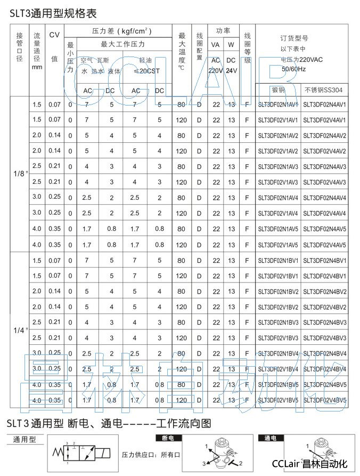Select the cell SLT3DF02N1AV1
click(x=278, y=104)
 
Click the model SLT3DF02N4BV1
click(x=325, y=261)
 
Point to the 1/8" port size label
click(x=20, y=174)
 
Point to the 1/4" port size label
click(x=20, y=330)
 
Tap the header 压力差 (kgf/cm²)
click(x=122, y=32)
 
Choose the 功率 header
click(x=223, y=31)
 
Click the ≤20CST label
click(x=146, y=70)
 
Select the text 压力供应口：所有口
click(x=151, y=455)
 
